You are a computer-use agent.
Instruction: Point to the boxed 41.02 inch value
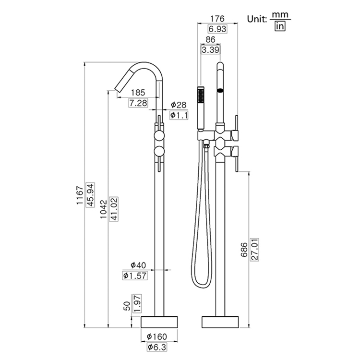coord(114,207)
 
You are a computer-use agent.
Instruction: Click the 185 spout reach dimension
coord(138,93)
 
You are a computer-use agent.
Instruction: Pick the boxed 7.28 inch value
coord(138,103)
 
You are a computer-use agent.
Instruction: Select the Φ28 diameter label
coord(178,105)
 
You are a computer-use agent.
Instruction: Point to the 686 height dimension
coord(245,250)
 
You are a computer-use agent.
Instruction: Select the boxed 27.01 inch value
coord(255,250)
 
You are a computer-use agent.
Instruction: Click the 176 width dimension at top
coord(218,20)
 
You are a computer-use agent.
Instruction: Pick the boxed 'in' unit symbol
coord(280,26)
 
